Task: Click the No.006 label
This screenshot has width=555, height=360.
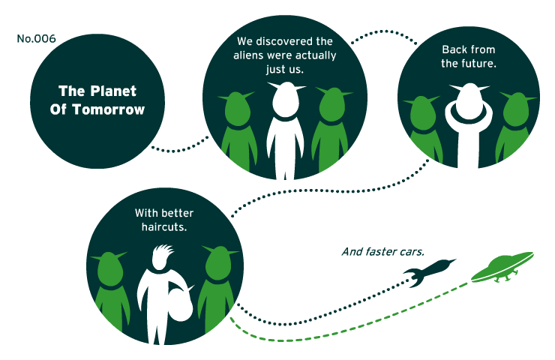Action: pyautogui.click(x=36, y=38)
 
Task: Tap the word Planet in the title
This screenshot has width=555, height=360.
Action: pyautogui.click(x=113, y=91)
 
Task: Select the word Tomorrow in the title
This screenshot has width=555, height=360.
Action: pyautogui.click(x=109, y=109)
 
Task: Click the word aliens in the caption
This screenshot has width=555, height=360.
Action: pyautogui.click(x=248, y=55)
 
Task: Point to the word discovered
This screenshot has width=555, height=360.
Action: pyautogui.click(x=285, y=41)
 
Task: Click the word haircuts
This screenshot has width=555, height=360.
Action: pyautogui.click(x=164, y=226)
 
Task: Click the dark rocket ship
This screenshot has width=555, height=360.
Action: pyautogui.click(x=429, y=271)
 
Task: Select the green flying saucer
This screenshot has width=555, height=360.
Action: pyautogui.click(x=502, y=268)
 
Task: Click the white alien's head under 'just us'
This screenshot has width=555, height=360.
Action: pyautogui.click(x=286, y=99)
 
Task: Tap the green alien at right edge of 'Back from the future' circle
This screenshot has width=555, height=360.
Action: pyautogui.click(x=516, y=126)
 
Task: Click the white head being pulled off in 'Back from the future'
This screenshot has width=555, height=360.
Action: pyautogui.click(x=469, y=101)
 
